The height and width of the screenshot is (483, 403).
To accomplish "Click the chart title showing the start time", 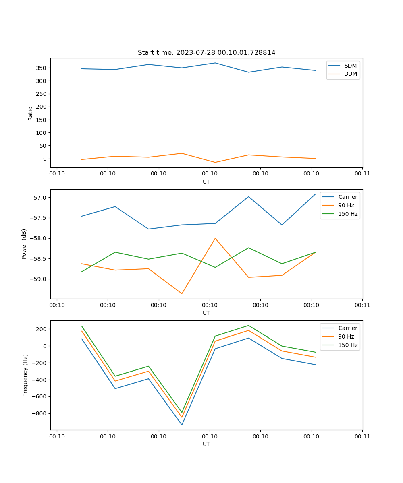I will pyautogui.click(x=206, y=53).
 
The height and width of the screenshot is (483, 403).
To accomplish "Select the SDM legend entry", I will pyautogui.click(x=350, y=66).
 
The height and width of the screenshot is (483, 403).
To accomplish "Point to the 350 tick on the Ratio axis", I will pyautogui.click(x=42, y=68).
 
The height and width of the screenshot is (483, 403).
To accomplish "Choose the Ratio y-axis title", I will pyautogui.click(x=31, y=113).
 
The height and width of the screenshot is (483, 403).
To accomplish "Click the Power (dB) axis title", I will pyautogui.click(x=25, y=244).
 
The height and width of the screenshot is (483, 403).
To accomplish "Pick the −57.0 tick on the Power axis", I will pyautogui.click(x=38, y=198).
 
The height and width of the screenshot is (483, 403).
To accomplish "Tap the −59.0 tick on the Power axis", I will pyautogui.click(x=38, y=279).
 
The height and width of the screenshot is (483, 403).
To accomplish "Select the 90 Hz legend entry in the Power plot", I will pyautogui.click(x=346, y=205).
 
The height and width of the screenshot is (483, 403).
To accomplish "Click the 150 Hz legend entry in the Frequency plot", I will pyautogui.click(x=348, y=345).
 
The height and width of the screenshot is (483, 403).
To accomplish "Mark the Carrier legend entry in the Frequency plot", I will pyautogui.click(x=347, y=328).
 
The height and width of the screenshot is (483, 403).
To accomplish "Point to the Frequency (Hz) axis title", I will pyautogui.click(x=25, y=375).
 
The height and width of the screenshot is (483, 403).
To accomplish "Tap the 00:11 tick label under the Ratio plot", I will pyautogui.click(x=362, y=174).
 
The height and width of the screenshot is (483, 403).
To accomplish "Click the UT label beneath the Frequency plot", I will pyautogui.click(x=206, y=444).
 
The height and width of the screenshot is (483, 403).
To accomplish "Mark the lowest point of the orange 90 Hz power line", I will pyautogui.click(x=182, y=293).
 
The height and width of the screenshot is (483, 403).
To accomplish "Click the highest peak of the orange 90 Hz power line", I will pyautogui.click(x=215, y=238).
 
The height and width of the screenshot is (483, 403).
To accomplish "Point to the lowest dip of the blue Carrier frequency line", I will pyautogui.click(x=182, y=425).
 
